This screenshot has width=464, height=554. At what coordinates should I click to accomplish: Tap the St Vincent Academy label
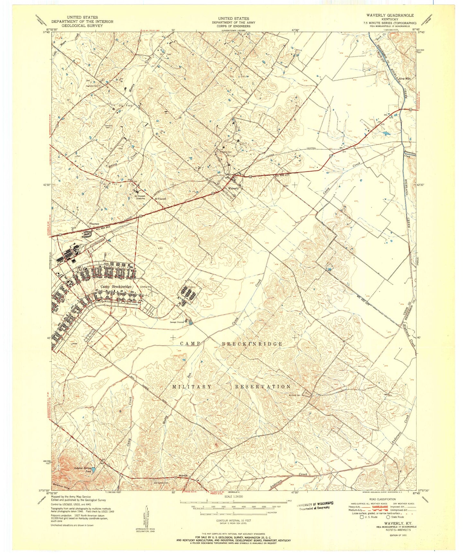click(140, 197)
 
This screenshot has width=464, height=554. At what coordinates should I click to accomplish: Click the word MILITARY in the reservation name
click(192, 386)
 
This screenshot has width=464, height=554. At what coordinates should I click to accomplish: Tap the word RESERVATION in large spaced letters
click(263, 386)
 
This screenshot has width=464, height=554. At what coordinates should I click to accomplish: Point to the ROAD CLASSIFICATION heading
click(382, 499)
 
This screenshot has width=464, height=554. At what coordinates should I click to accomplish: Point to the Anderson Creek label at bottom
click(289, 480)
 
